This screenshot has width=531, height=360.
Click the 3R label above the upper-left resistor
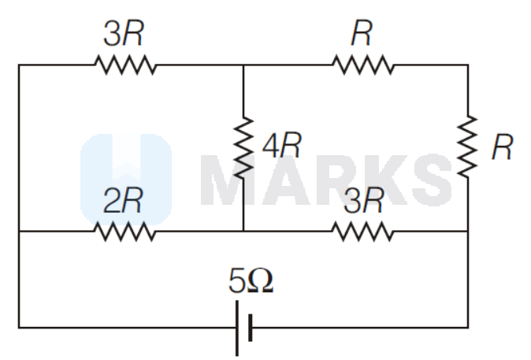click(x=124, y=34)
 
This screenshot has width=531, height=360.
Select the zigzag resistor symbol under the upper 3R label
click(x=125, y=65)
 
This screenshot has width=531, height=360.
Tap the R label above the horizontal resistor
click(x=363, y=33)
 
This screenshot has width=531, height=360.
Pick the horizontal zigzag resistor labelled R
click(x=363, y=65)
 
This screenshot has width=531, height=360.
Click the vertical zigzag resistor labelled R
click(x=469, y=146)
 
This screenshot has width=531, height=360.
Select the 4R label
click(x=281, y=146)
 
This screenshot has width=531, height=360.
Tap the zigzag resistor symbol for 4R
click(x=243, y=147)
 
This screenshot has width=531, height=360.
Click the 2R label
click(x=124, y=202)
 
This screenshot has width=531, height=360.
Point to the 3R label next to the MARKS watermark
click(x=363, y=202)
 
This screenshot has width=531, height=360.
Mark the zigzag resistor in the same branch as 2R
click(x=362, y=232)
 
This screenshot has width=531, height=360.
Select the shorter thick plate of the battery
click(x=250, y=327)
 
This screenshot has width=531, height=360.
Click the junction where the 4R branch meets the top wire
click(x=243, y=65)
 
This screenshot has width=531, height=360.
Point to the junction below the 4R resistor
click(x=243, y=232)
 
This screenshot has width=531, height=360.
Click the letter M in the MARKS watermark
click(x=229, y=179)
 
